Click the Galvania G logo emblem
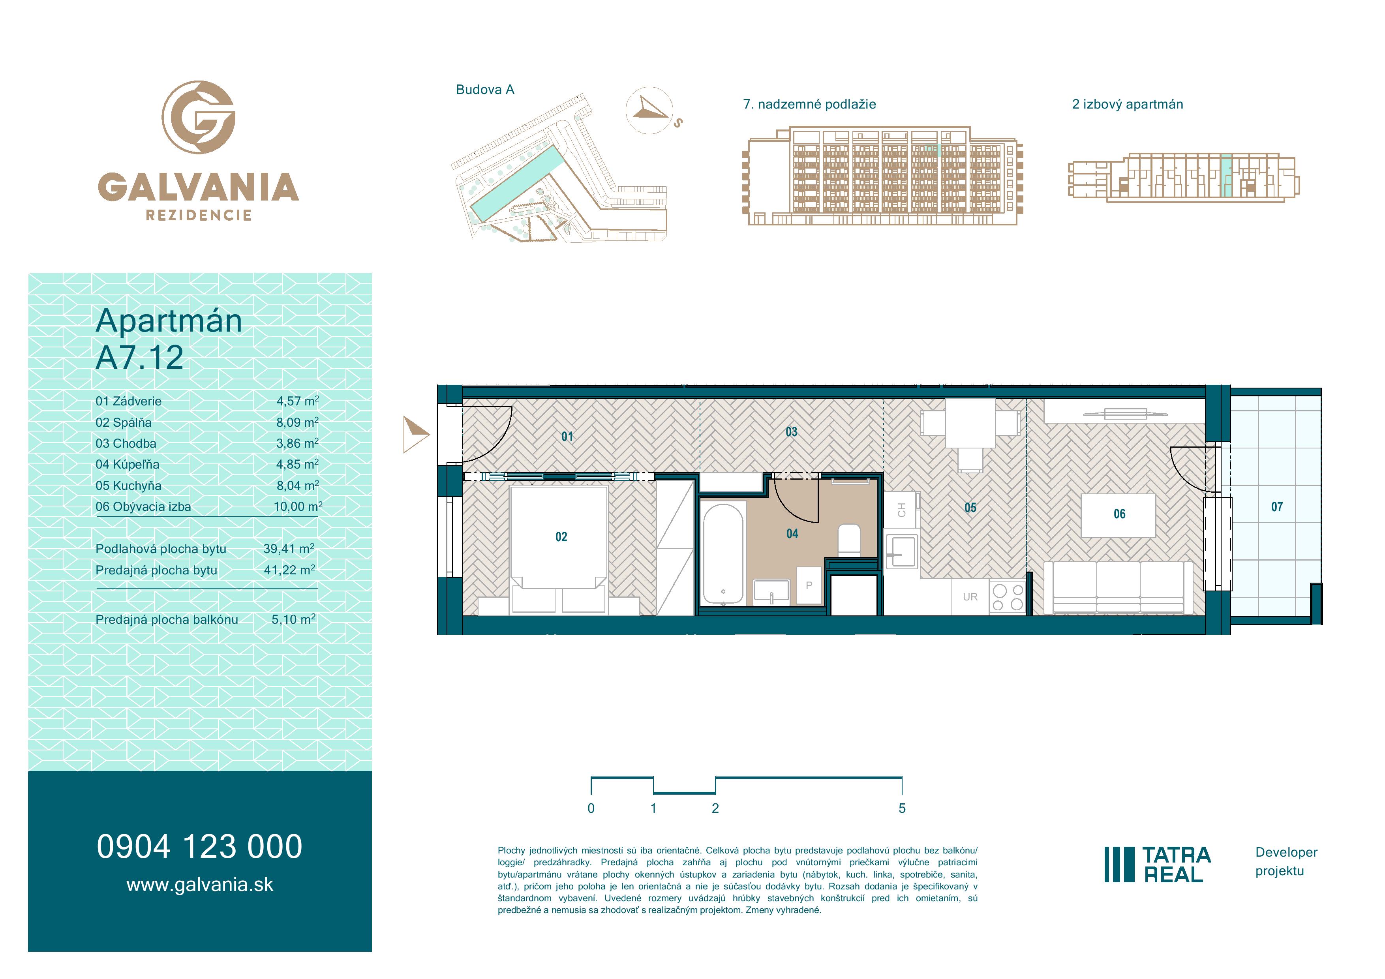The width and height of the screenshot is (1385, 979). [x=199, y=117]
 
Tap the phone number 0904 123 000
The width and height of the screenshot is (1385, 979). [x=200, y=846]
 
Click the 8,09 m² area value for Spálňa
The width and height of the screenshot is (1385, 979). [x=297, y=422]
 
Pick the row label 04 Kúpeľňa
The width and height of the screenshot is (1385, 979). [x=127, y=465]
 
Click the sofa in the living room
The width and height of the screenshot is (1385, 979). [x=1118, y=588]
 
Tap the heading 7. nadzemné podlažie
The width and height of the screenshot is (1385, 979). [x=809, y=104]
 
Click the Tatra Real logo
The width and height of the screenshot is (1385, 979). [x=1158, y=865]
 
